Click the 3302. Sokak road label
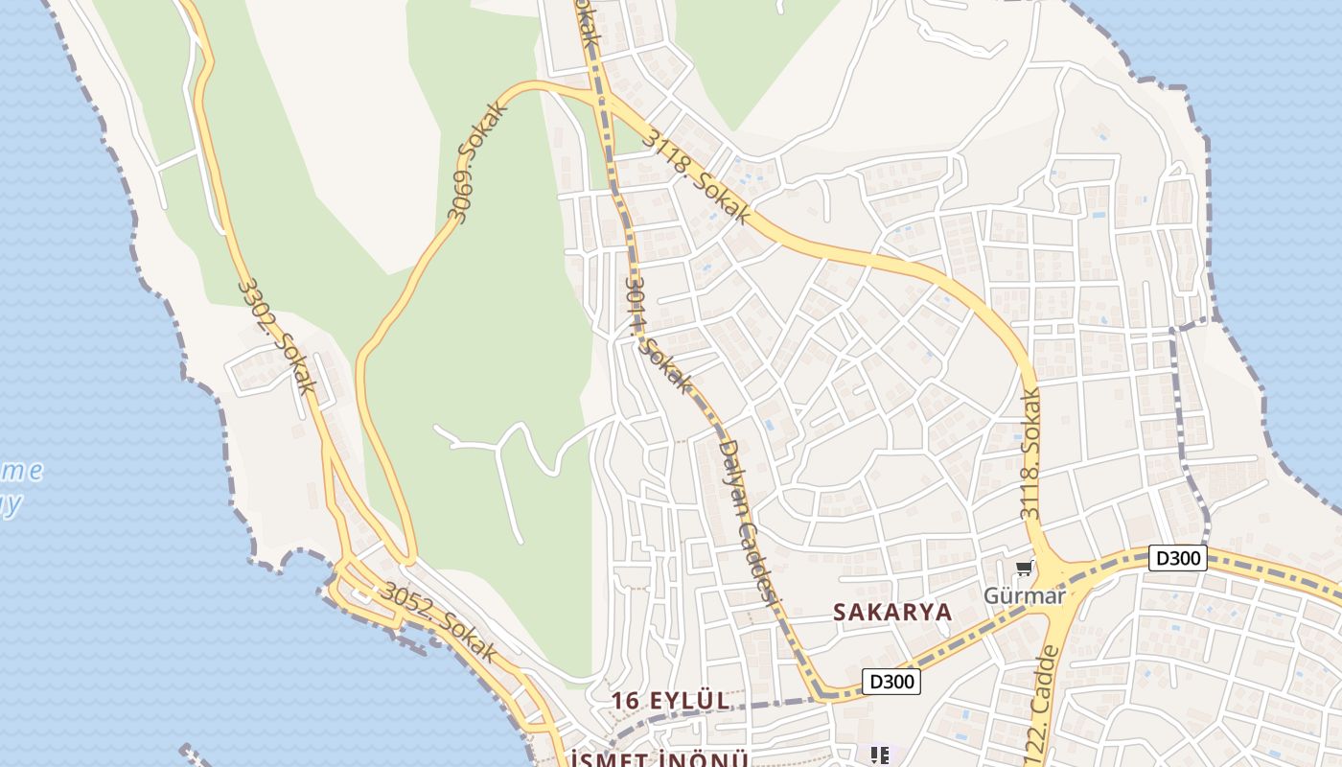(277, 337)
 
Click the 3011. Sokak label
(657, 336)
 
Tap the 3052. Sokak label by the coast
(438, 622)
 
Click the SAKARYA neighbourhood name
(891, 612)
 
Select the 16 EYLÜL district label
(671, 701)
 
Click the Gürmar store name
(1025, 595)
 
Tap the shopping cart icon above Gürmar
(1025, 569)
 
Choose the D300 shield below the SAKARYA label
(891, 682)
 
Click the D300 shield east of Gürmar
(1177, 558)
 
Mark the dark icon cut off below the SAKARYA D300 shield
(880, 755)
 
